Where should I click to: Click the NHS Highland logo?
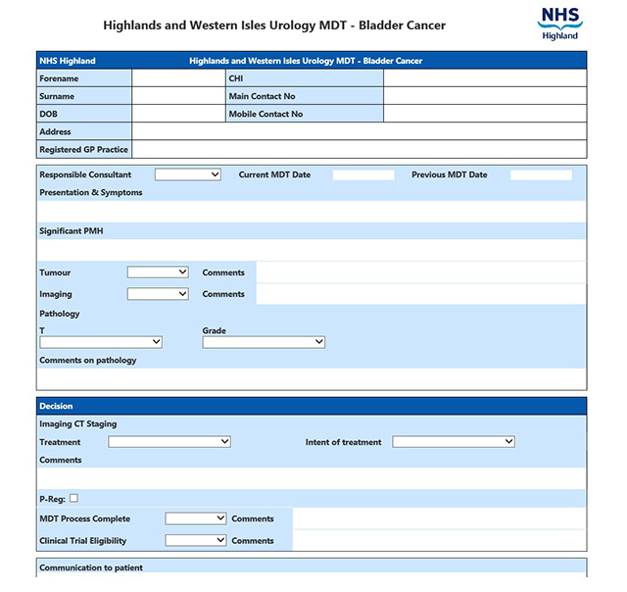coord(559,24)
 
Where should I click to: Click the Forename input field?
coord(178,78)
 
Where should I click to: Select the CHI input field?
coord(484,78)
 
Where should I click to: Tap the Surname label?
coord(57,97)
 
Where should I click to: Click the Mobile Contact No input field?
coord(484,115)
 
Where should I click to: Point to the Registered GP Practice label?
coord(83,150)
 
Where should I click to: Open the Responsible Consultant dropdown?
coord(188,174)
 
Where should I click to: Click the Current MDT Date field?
coord(363,175)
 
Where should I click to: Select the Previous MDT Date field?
coord(541,175)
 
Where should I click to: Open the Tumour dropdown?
coord(158,272)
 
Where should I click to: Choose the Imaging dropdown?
coord(158,294)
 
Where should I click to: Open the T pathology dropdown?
coord(101,342)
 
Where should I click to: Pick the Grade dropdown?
coord(264,342)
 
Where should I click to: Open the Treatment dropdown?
coord(169,442)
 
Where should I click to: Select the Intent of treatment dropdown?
coord(454,442)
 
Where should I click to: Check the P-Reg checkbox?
coord(73,498)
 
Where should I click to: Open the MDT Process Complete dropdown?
coord(196,518)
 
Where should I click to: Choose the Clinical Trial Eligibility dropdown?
coord(196,540)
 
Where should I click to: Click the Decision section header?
coord(56,406)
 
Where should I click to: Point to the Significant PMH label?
coord(71,231)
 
